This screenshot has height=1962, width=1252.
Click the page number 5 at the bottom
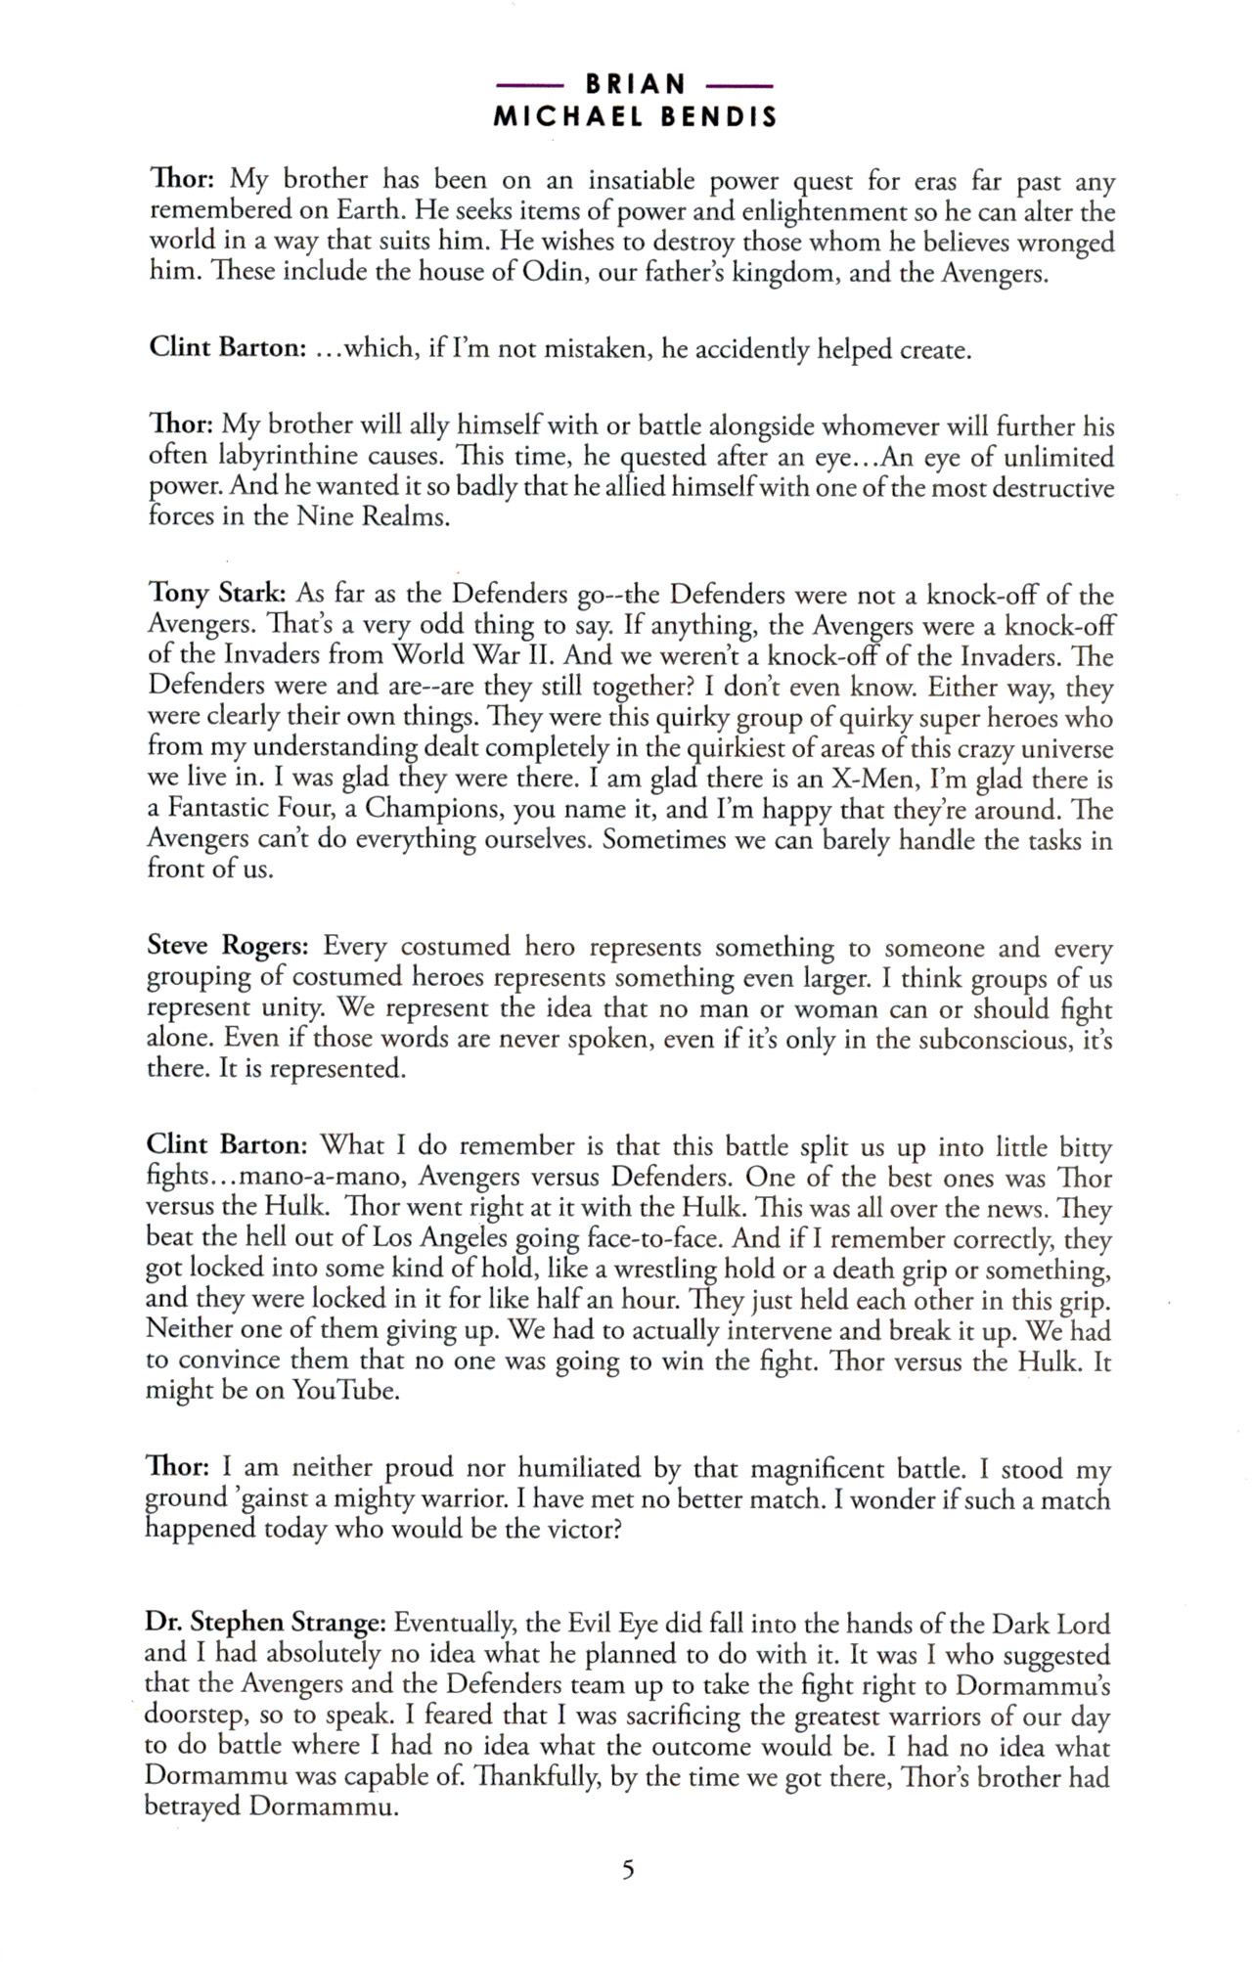tap(627, 1870)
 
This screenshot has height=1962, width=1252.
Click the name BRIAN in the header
tap(636, 85)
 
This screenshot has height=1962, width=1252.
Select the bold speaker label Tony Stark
tap(216, 594)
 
